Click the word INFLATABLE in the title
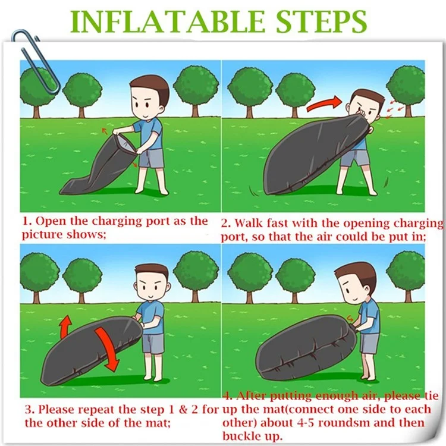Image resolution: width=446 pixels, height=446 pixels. pos(168,22)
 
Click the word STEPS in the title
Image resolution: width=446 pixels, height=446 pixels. pos(321,22)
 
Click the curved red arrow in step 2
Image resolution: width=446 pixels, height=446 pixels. pos(324,103)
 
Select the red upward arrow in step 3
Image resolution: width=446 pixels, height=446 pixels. pos(66,326)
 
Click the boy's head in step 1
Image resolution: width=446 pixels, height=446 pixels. pos(149,98)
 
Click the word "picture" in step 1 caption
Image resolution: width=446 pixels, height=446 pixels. pos(43,235)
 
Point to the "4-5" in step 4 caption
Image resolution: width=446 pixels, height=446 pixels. pos(305,423)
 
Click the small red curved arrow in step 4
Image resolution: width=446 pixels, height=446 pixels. pos(350,319)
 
